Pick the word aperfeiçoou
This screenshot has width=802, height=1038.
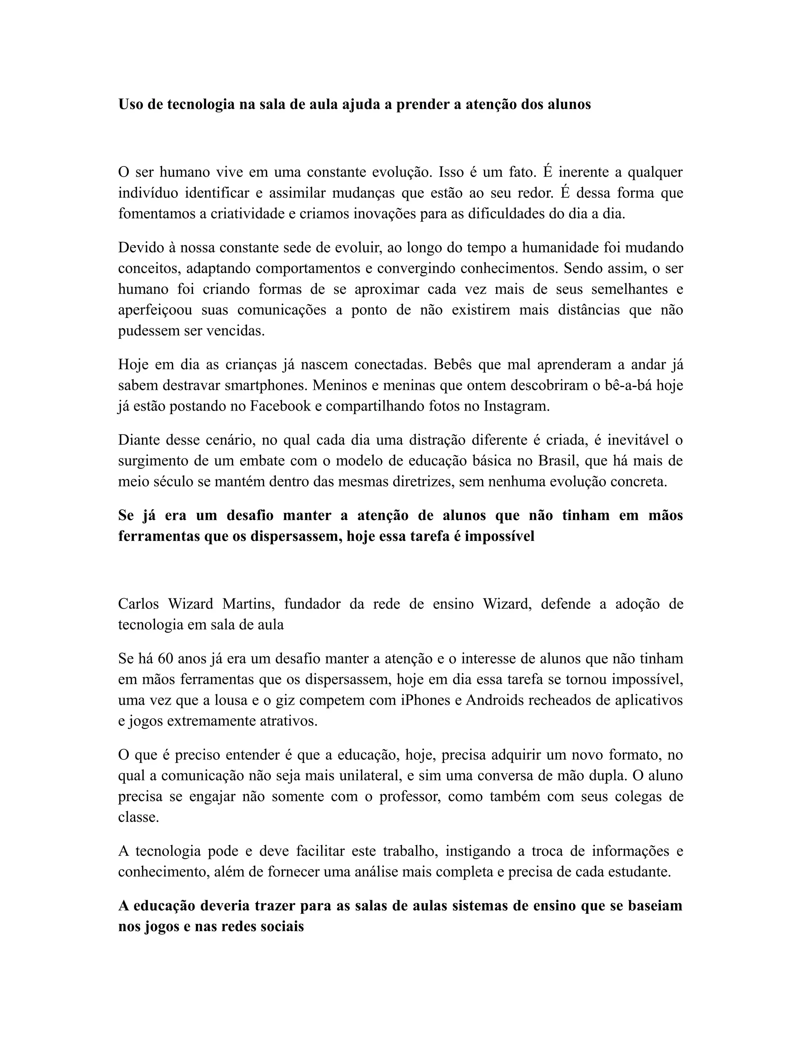155,310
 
